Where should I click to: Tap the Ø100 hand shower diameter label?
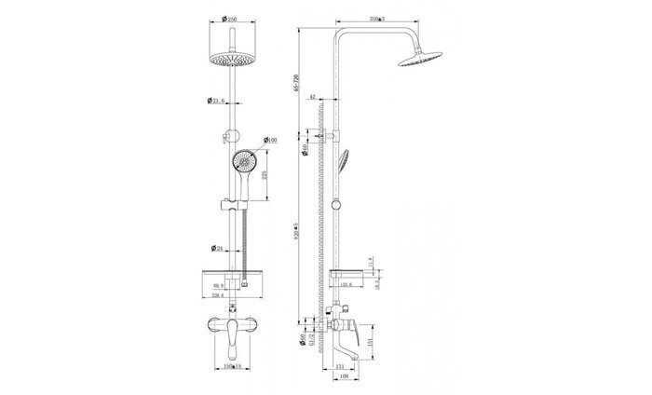[271, 140]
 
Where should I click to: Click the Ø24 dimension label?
[216, 248]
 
